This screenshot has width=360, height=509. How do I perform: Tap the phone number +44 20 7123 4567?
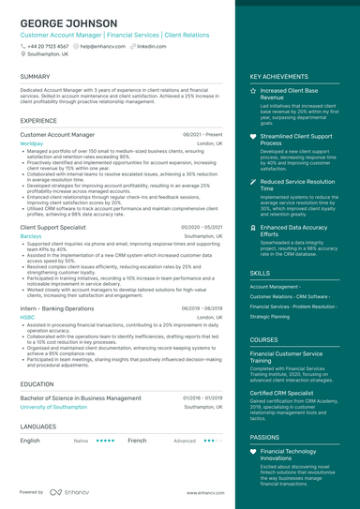coord(47,45)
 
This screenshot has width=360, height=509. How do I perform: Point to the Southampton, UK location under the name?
coord(47,53)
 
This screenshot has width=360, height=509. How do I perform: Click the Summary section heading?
coord(35,77)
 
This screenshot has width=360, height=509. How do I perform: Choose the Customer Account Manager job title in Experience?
coord(57,135)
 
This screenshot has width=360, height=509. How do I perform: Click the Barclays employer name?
coord(31,236)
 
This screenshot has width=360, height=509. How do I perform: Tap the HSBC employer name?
coord(27,317)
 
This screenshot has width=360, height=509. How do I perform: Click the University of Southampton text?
coord(60,408)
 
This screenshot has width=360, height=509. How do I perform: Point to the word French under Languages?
coord(137,440)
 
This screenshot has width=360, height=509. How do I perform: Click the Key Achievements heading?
coord(278,77)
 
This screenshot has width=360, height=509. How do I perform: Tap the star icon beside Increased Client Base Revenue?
coord(253,91)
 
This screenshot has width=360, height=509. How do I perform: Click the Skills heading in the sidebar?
coord(260,273)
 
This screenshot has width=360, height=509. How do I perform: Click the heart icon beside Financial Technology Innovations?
coord(253,452)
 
